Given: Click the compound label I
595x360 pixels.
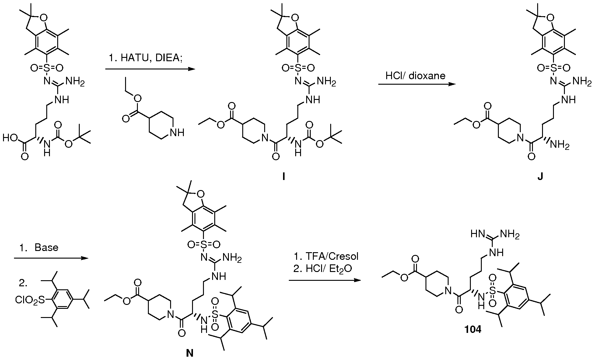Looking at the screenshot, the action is [283, 177].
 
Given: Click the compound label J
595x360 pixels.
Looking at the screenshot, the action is [540, 177].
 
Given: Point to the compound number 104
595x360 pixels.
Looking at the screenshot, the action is [473, 330].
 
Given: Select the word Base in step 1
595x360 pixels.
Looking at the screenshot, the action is [47, 247].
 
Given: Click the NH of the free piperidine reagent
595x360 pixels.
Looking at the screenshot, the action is [177, 132].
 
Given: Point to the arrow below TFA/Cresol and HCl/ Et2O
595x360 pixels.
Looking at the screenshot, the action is [326, 280].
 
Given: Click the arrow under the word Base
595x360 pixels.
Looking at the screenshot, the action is [51, 258].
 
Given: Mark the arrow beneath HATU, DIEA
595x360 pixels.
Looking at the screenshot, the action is [150, 69].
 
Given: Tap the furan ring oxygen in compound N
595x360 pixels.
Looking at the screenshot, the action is [200, 193].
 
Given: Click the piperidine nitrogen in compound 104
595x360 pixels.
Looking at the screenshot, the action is [448, 291].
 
